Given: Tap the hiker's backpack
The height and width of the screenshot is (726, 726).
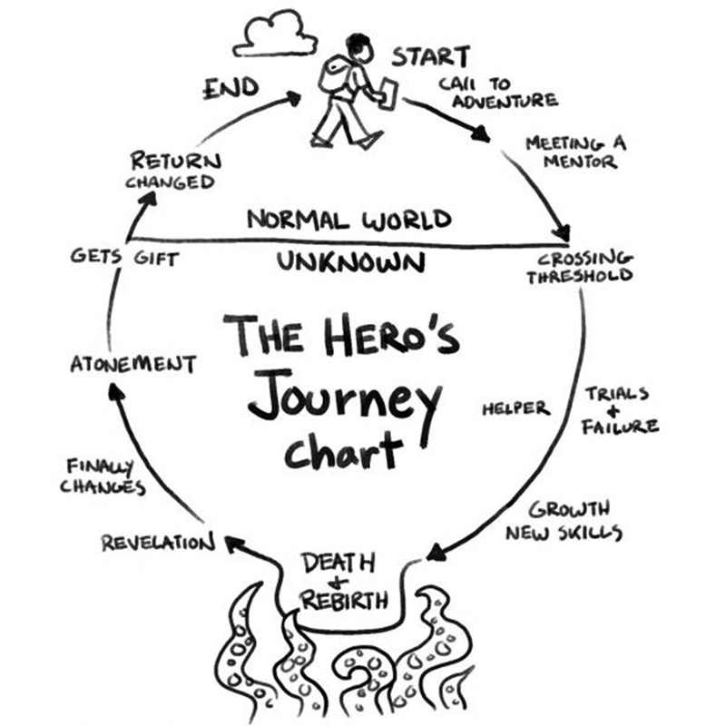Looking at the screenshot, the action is (x=334, y=74).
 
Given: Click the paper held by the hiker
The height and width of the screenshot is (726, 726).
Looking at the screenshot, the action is (x=388, y=94).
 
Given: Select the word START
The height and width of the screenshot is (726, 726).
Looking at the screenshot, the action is (x=430, y=57).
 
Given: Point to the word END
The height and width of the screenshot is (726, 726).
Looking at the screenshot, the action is (x=231, y=88).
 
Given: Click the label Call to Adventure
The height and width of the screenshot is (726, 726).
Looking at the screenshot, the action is (x=498, y=93).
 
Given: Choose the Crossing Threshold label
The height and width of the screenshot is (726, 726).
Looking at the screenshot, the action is (x=580, y=268).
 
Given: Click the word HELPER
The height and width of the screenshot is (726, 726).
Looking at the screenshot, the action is (x=515, y=408).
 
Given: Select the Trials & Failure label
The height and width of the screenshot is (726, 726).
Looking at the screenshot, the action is (x=620, y=411).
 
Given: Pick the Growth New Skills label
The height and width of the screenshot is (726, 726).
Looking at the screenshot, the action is (x=564, y=521).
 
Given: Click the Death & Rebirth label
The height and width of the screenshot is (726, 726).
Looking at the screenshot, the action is (x=344, y=583).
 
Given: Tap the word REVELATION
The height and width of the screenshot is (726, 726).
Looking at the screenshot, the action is (x=158, y=543).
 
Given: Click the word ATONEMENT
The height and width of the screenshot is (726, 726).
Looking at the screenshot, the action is (x=133, y=364).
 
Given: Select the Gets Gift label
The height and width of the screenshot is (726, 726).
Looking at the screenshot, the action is (x=125, y=258).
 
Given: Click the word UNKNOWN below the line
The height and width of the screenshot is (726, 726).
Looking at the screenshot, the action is (x=351, y=262).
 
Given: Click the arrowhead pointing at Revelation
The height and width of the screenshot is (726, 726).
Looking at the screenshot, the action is (x=234, y=544).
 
